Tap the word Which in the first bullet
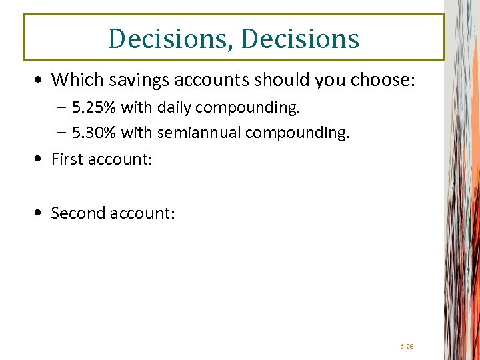point(71,80)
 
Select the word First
point(67,159)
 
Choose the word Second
point(78,213)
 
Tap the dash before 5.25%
point(62,108)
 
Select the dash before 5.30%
point(62,133)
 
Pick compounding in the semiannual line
point(297,133)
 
